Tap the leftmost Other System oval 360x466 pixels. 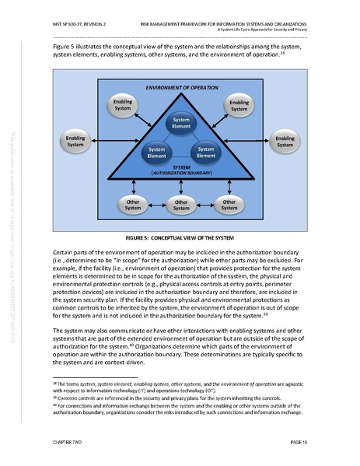(x=133, y=204)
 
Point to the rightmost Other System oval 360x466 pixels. (x=229, y=204)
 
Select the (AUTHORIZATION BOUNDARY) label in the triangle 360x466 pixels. (x=180, y=173)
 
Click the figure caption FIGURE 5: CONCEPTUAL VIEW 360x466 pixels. (x=180, y=236)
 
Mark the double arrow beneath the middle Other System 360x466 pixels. (x=180, y=186)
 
